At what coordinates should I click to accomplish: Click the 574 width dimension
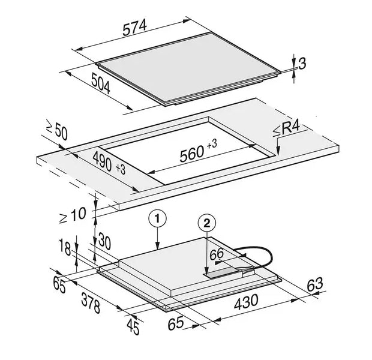pos(135,27)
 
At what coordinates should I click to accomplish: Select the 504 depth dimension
pos(101,83)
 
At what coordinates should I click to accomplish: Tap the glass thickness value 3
pos(302,64)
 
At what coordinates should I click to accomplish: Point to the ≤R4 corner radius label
pos(287,130)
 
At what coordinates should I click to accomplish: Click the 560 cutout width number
pos(192,154)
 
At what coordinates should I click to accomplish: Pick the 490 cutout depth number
pos(103,161)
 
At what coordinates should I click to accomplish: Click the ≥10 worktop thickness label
pos(73,215)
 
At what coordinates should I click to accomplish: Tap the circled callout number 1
pos(157,218)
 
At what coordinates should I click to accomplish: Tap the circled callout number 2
pos(207,223)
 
